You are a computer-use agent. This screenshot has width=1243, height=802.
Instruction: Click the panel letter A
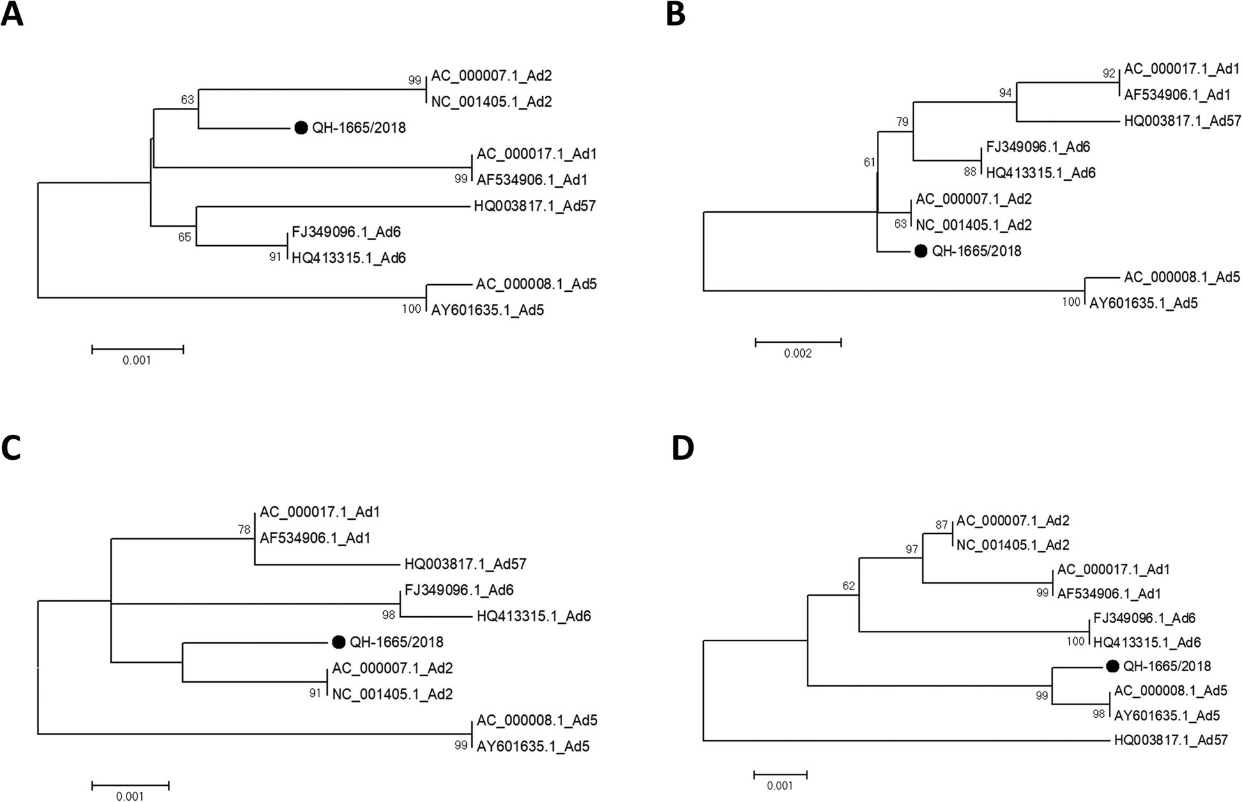click(12, 14)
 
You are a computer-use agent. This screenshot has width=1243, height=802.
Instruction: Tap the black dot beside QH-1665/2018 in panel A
click(301, 128)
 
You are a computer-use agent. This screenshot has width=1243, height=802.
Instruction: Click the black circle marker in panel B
click(920, 251)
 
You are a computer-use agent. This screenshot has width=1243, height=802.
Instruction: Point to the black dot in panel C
click(339, 642)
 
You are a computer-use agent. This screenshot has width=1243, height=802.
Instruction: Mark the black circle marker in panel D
click(1112, 666)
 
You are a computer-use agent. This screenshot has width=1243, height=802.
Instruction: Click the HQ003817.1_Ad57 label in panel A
click(535, 206)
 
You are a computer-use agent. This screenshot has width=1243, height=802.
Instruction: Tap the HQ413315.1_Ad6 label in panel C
click(533, 616)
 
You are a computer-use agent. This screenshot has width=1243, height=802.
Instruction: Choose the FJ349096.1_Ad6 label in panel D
click(1144, 618)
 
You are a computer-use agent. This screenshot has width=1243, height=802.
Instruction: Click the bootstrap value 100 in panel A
click(412, 309)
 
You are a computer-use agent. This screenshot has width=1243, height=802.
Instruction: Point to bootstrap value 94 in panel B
click(1006, 93)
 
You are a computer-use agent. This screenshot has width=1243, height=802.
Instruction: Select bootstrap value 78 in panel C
click(245, 529)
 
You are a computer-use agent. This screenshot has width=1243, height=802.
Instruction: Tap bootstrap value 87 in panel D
click(942, 525)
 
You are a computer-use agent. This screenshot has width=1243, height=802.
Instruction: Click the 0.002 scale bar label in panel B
click(798, 354)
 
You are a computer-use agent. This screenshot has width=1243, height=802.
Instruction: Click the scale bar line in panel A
click(137, 349)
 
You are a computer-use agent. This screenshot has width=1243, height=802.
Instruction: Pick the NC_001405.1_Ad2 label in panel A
click(491, 102)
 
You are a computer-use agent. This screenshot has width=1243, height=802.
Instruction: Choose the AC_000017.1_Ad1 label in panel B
click(1182, 69)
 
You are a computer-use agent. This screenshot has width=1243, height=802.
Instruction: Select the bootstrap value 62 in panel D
click(848, 586)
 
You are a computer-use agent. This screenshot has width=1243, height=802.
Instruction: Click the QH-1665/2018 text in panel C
click(397, 642)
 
